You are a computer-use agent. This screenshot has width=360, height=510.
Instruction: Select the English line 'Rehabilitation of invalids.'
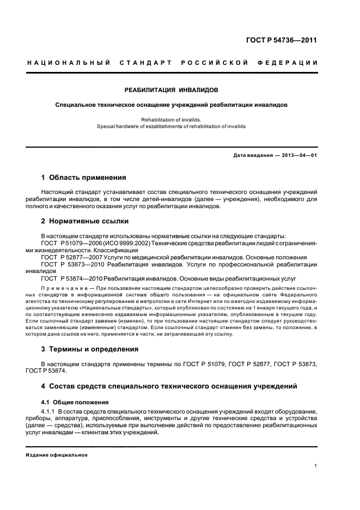(x=172, y=119)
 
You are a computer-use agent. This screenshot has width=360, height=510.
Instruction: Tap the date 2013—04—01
(x=299, y=155)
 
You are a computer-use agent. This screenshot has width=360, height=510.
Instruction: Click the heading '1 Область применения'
(x=84, y=178)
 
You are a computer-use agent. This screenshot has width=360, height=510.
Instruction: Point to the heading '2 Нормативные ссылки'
(x=85, y=221)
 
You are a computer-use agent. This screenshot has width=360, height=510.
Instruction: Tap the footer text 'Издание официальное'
(x=57, y=455)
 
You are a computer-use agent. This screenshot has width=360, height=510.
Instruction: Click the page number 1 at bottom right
(x=315, y=466)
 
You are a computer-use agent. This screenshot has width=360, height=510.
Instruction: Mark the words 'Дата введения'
(x=253, y=155)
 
